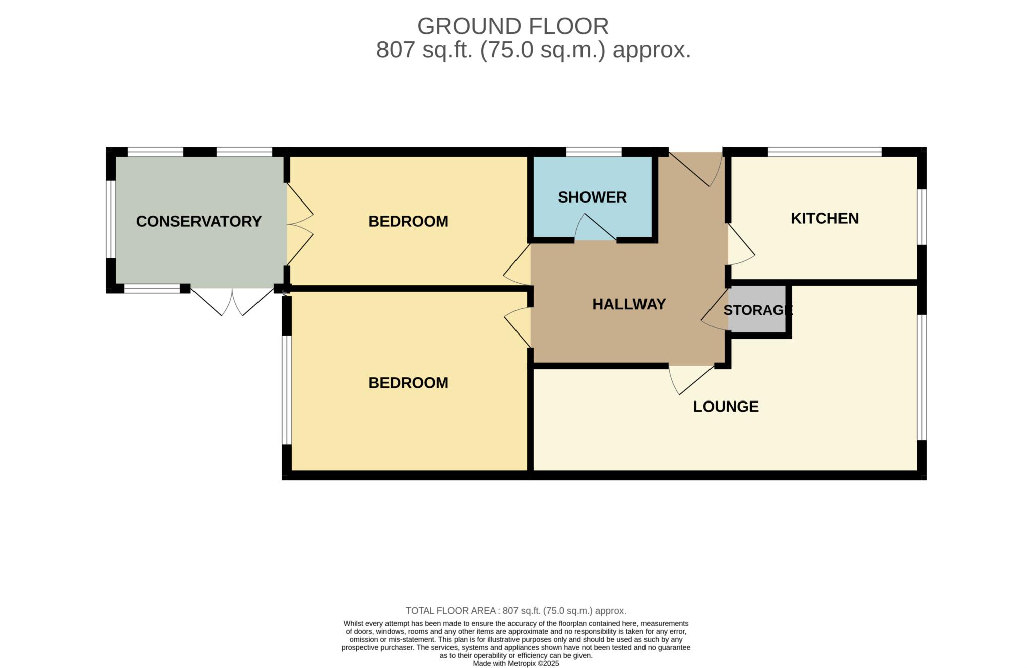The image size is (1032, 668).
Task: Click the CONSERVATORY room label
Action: tap(199, 221)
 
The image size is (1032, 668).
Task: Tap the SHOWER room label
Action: tap(592, 197)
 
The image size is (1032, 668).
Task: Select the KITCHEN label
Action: tap(824, 218)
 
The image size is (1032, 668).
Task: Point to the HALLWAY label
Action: tap(629, 304)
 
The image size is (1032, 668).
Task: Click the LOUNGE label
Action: tap(726, 407)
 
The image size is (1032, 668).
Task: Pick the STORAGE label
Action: tap(757, 310)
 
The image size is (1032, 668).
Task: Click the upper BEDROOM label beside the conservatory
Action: tap(408, 221)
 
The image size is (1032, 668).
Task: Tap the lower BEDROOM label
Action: tap(408, 383)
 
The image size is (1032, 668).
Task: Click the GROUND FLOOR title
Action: tap(513, 26)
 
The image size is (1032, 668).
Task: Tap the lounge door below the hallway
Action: tap(691, 380)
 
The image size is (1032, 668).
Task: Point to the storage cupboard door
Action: tap(715, 309)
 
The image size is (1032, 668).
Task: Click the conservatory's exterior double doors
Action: tap(232, 302)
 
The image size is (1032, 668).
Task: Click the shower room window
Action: tap(594, 152)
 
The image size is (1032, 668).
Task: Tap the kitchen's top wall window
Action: tap(824, 152)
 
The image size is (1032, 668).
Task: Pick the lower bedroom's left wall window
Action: tap(287, 390)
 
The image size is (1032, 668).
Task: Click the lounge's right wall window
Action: tap(921, 377)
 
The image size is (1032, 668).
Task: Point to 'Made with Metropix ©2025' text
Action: tap(516, 664)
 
